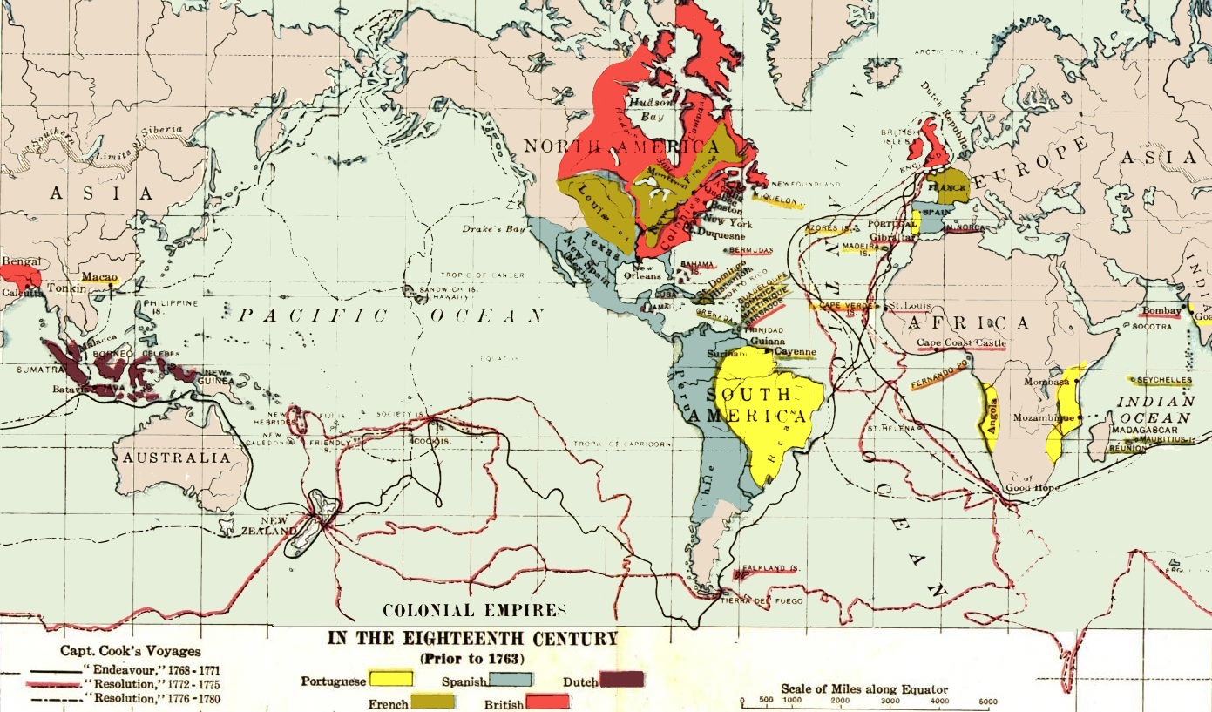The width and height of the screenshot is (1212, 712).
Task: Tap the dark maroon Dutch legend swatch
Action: coord(621,679)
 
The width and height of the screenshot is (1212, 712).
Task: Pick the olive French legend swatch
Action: coord(431,702)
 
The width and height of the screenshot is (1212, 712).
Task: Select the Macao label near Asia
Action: coord(100,277)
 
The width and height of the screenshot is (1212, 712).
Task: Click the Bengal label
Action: coord(21,261)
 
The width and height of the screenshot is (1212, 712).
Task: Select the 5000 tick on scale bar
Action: coord(987,702)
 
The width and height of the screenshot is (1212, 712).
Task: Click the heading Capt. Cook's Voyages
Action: coord(131,650)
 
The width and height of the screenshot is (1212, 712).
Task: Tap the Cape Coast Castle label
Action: coord(961,342)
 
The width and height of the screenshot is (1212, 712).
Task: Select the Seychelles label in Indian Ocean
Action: coord(1163,381)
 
